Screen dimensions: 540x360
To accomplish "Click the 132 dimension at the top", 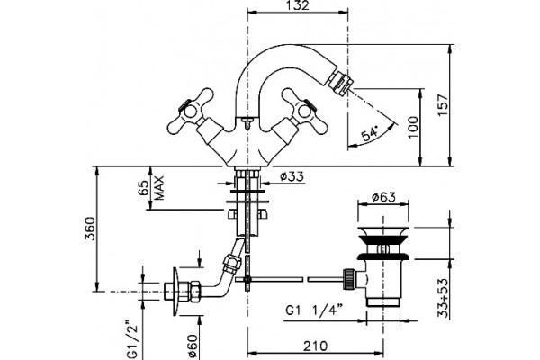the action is (297, 5).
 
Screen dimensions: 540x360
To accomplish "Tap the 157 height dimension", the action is (444, 105).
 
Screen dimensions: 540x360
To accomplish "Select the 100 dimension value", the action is (414, 127).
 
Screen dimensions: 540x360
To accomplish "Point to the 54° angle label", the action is (370, 133).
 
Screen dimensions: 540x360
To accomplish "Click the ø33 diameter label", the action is (292, 176).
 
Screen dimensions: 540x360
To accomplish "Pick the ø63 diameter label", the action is (384, 197).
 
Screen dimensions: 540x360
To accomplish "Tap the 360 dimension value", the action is (90, 228).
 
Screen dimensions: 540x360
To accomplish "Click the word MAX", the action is (158, 188).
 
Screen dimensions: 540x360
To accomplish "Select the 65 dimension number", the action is (144, 188).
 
